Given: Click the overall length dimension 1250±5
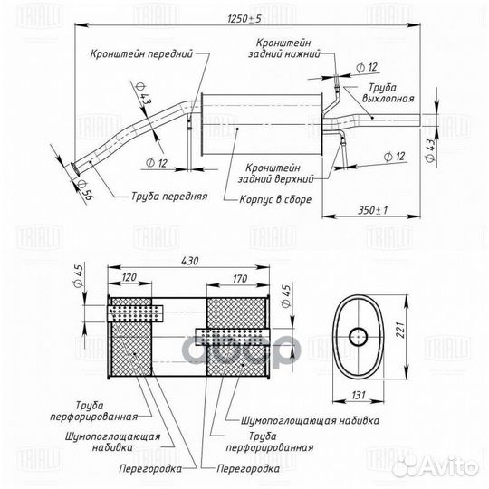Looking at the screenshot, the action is pos(244,19).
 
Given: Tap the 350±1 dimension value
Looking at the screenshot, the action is pos(373,210).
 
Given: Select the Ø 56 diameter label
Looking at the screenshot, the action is pos(85,189).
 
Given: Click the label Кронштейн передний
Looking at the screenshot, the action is pos(141,53).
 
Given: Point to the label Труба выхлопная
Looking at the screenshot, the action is pos(388,93).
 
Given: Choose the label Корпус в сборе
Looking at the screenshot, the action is pos(275,199).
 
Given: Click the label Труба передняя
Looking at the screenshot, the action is pos(169,197).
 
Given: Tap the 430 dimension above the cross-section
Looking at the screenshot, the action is pos(189,261).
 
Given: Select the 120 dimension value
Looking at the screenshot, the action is pos(129,277).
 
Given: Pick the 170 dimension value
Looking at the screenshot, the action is pos(239,279).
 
